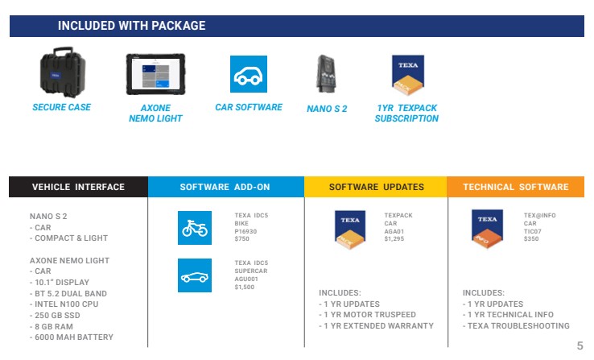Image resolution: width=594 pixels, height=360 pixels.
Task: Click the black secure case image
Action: [63, 72]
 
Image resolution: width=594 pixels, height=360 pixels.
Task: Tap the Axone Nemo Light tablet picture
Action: [155, 74]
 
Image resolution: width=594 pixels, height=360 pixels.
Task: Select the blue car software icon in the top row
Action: [249, 74]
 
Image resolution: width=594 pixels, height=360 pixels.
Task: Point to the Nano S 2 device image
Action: [326, 74]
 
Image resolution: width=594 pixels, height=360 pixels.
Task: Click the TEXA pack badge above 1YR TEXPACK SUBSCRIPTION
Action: [408, 75]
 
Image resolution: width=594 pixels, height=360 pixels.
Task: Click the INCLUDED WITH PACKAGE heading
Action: [131, 26]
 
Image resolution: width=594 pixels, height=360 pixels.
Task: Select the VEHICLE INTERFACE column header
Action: [78, 187]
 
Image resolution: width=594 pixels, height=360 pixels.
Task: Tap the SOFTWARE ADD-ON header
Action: [226, 187]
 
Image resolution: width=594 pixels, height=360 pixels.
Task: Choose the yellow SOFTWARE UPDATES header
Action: [376, 187]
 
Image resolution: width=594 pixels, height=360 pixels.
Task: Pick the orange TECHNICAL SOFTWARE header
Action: [516, 187]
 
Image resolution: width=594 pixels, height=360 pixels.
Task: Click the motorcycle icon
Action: [195, 228]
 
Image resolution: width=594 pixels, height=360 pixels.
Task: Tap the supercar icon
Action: [195, 275]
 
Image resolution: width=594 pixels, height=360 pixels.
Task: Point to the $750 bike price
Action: [241, 238]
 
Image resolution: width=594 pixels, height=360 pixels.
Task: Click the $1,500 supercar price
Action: [245, 287]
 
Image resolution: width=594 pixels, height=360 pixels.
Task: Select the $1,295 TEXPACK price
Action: [394, 238]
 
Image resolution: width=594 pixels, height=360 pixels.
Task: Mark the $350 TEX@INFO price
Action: [531, 238]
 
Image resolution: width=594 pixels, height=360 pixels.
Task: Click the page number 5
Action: [580, 346]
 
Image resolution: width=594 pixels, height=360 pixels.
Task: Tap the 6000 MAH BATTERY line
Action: [72, 337]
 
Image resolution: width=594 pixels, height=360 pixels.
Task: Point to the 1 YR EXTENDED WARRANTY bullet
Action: [376, 326]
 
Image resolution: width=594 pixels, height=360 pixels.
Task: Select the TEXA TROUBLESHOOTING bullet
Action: [516, 326]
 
